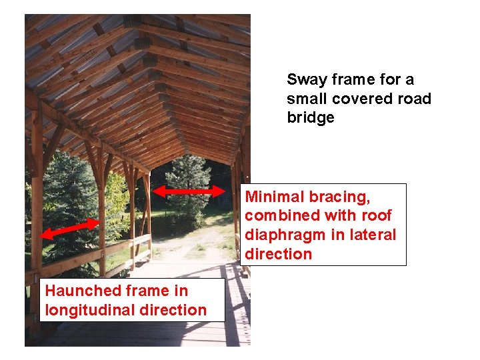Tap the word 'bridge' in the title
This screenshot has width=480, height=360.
click(x=311, y=118)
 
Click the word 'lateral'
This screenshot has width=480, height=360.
click(x=374, y=235)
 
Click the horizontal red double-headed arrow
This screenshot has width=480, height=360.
click(x=189, y=191)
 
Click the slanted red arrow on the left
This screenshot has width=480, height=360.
click(x=69, y=229)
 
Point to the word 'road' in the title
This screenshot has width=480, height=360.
click(x=414, y=99)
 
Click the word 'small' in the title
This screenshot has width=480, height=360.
click(x=306, y=99)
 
